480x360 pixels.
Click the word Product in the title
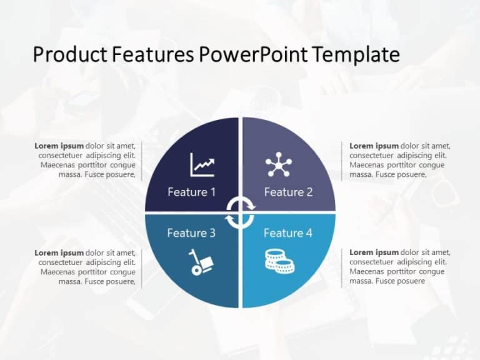(70, 55)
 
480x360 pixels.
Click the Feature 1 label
(191, 192)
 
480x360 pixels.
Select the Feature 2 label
(288, 192)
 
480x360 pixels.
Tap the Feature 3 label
(191, 233)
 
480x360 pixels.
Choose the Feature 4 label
(288, 233)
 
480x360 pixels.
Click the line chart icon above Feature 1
(202, 165)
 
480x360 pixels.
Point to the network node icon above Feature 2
(278, 164)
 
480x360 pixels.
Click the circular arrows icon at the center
(240, 212)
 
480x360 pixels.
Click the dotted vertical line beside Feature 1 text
(142, 161)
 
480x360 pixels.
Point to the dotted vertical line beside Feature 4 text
(341, 267)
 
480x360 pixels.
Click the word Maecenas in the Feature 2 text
(369, 165)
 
